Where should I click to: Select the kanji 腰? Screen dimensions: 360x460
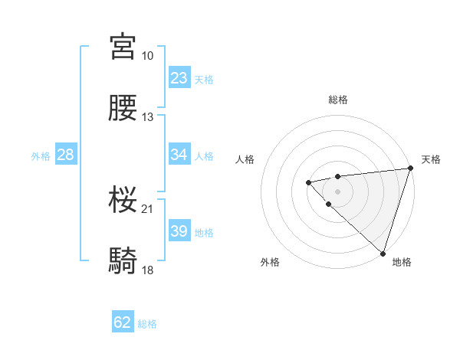coord(123,107)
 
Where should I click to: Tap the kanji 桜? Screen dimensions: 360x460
coord(123,199)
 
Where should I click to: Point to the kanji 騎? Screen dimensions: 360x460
coord(123,261)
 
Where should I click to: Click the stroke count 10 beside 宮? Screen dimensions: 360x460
coord(148,56)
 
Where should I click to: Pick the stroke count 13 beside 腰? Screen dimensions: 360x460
coord(148,117)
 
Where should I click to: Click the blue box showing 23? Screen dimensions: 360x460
coord(179,78)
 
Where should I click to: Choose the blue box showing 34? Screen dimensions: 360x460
coord(179,155)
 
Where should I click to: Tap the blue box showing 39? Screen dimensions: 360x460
coord(179,231)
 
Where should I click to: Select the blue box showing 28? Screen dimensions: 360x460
coord(66,155)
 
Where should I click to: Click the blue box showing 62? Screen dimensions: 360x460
coord(123,322)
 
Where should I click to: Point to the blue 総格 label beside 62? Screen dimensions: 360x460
coord(147,324)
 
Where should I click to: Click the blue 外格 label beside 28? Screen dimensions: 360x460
coord(41,156)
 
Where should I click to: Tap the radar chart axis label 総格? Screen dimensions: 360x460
coord(337,100)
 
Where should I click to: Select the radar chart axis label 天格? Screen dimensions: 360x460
coord(431,159)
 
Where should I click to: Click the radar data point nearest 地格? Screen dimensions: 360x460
coord(383,252)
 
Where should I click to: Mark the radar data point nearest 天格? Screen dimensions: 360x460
coord(410,169)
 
